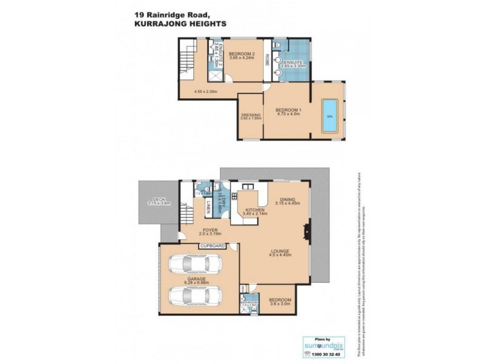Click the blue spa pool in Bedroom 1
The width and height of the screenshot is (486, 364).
pos(330,115)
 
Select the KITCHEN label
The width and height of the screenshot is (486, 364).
pos(255,210)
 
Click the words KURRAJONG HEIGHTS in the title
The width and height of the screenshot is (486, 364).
pos(175,23)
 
